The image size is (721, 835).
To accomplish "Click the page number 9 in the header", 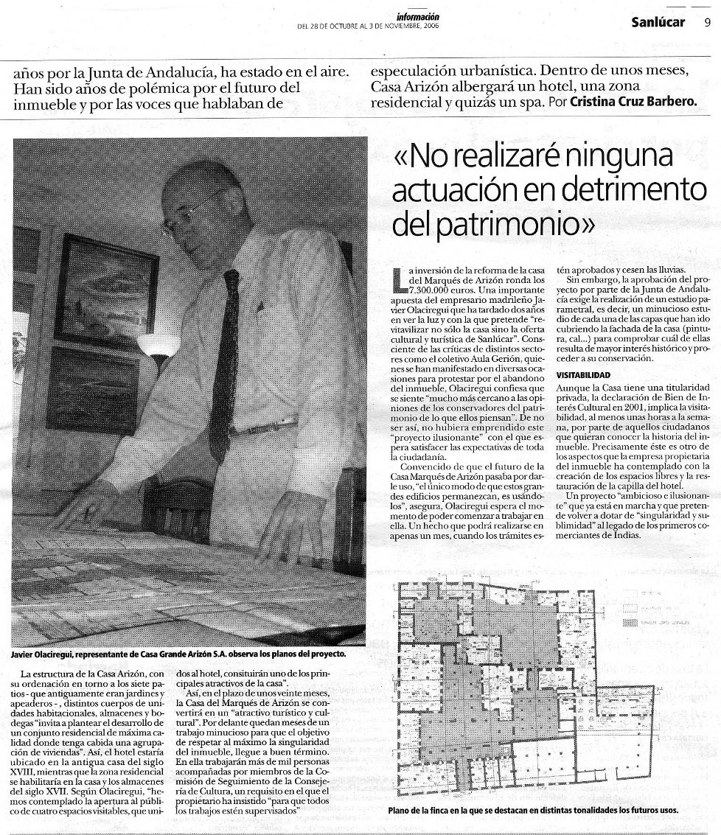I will click(x=707, y=21).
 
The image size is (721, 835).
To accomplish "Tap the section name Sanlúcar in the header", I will click(x=658, y=21).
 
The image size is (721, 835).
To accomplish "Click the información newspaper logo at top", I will click(x=417, y=15).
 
